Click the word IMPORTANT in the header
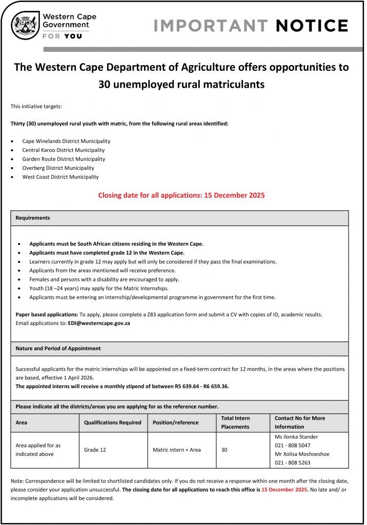coord(211,26)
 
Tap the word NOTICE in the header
coord(312,26)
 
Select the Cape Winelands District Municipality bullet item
coord(66,141)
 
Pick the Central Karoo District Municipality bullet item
coord(63,150)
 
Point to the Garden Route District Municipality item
coord(64,159)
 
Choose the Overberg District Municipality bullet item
coord(58,168)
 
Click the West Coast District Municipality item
coord(60,177)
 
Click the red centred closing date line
coord(181,195)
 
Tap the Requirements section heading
coord(33,218)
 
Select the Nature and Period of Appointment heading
coord(58,349)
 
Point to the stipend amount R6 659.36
coord(210,387)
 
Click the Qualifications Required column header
coord(112,422)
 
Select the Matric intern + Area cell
coord(176,450)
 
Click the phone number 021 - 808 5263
coord(293,462)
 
